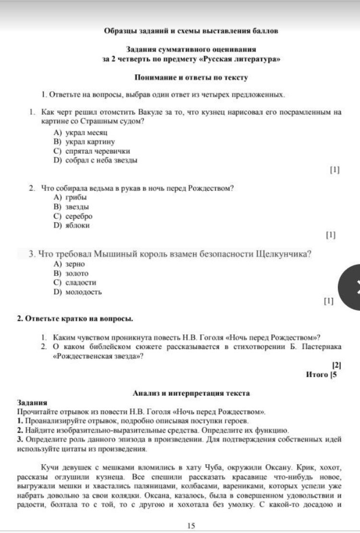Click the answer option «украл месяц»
pos(81,132)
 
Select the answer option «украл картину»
pos(84,142)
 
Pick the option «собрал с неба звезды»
pos(96,161)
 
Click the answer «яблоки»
pos(72,225)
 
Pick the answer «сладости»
pos(74,283)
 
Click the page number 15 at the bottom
pos(191,526)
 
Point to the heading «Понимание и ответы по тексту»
pos(191,77)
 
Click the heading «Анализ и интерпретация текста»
pos(191,393)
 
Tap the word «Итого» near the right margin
pos(317,374)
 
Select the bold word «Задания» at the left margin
pos(32,403)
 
